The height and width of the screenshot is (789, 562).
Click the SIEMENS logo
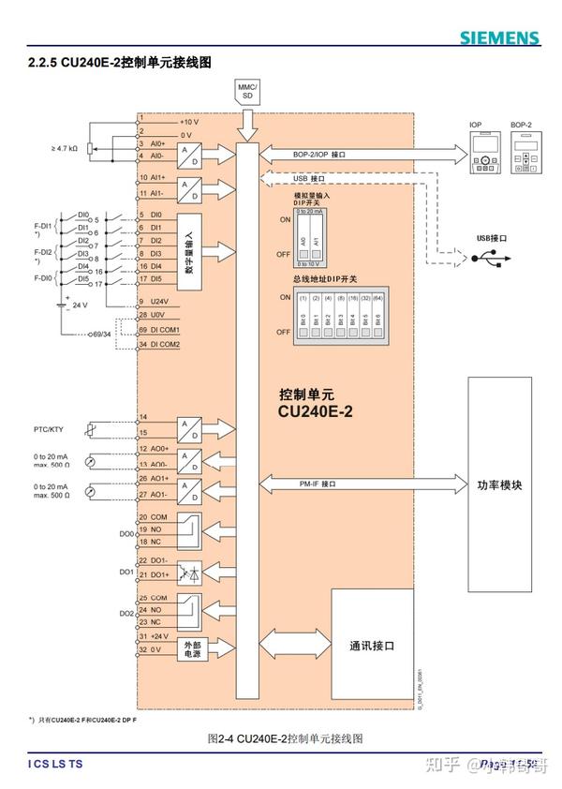tap(499, 37)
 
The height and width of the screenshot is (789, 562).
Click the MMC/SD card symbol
tap(248, 91)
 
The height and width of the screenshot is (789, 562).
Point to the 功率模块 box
tap(499, 485)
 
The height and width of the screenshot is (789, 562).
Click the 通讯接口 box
tap(372, 646)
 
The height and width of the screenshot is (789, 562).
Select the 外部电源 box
tap(192, 648)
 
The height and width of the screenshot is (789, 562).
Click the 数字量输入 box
tap(189, 249)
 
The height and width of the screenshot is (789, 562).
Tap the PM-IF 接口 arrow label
tap(316, 484)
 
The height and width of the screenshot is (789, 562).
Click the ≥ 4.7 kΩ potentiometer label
tap(66, 149)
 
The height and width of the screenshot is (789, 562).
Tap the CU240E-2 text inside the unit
tap(315, 409)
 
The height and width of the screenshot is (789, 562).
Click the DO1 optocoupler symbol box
tap(191, 568)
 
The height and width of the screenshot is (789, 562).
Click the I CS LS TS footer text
tap(55, 765)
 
